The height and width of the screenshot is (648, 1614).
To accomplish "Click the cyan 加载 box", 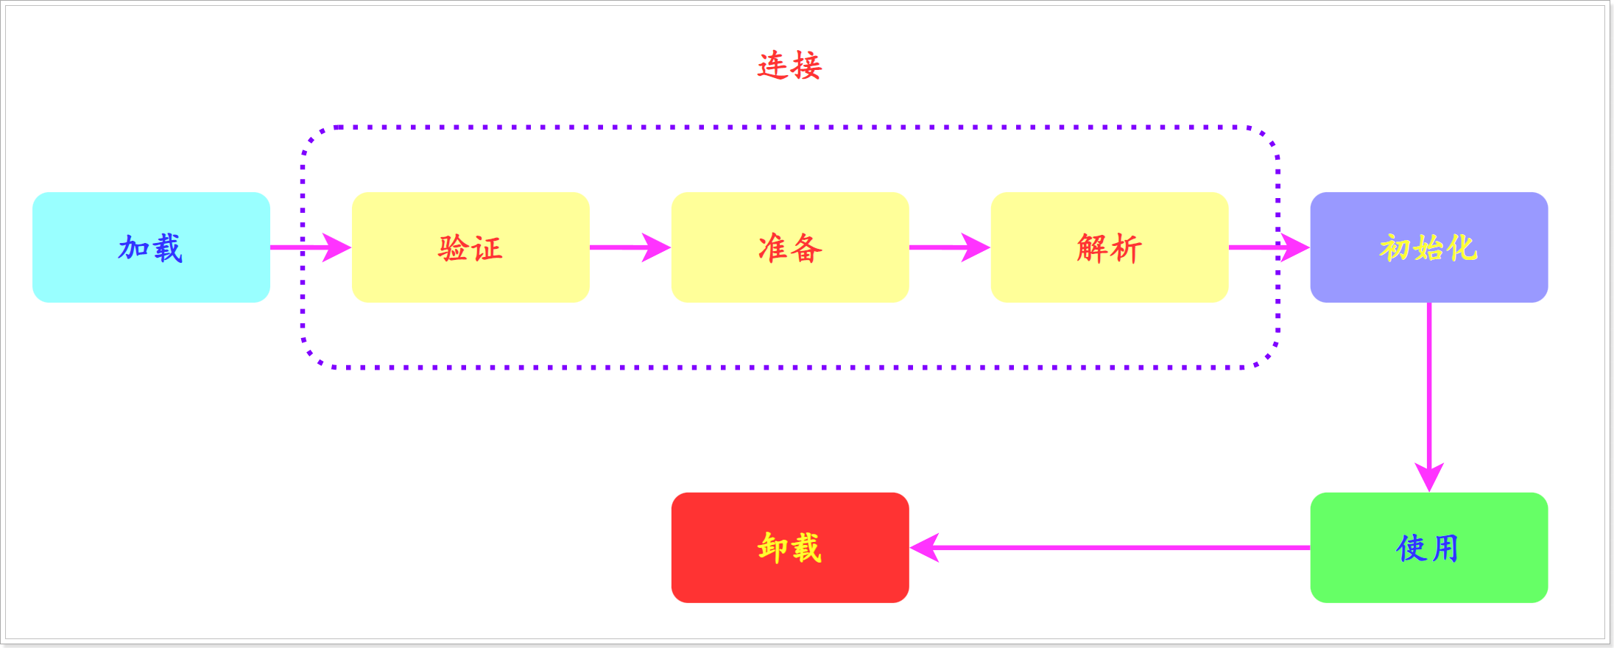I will [151, 247].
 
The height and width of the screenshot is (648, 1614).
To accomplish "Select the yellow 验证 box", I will [471, 247].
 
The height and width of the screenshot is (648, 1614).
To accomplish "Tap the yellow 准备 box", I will [790, 247].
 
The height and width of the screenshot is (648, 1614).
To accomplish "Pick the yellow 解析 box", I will [1110, 247].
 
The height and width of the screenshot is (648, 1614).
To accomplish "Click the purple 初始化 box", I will [1428, 247].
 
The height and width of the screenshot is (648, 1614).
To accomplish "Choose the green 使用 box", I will [1428, 547].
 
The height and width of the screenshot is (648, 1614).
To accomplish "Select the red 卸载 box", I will [790, 547].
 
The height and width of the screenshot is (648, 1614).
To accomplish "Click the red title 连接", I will [789, 66].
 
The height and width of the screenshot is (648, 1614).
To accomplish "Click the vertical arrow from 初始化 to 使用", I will [1429, 383].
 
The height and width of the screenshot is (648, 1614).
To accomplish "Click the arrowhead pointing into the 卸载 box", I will [925, 547].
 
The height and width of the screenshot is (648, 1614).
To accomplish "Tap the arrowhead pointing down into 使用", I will [1429, 476].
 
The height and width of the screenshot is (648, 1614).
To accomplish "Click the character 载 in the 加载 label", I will [168, 248].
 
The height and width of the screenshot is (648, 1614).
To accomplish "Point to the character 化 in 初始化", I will [1462, 248].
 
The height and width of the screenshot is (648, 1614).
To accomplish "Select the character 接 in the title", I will [806, 66].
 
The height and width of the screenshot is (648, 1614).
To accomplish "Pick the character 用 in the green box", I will [1445, 548].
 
